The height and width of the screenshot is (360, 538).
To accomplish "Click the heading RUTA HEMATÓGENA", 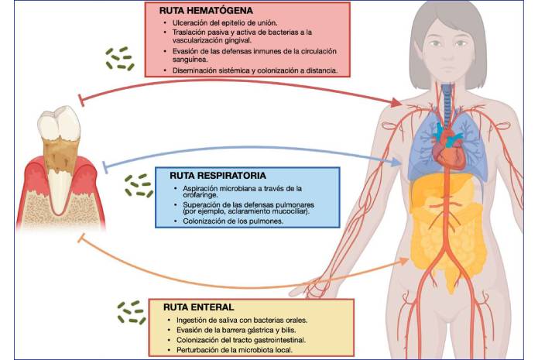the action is (206, 11).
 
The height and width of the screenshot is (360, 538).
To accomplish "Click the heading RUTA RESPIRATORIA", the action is (218, 176).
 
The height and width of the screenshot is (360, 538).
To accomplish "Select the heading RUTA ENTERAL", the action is (198, 307).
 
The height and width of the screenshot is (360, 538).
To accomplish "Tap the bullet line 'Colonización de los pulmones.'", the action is (233, 221).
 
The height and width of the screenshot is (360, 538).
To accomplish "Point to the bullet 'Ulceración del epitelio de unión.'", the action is (224, 23).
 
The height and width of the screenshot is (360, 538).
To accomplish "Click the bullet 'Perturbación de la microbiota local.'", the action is (235, 351).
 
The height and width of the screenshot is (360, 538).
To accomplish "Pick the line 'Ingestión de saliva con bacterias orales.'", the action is (242, 321).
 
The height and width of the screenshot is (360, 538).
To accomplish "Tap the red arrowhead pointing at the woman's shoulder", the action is (396, 102).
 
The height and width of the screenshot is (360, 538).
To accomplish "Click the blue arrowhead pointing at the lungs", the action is (396, 162).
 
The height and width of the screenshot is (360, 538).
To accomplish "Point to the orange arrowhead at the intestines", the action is (403, 262).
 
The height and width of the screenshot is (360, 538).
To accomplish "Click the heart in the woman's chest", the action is (448, 148).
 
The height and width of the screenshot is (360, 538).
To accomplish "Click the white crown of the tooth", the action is (59, 124).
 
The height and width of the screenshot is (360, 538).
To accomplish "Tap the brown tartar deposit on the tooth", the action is (60, 153).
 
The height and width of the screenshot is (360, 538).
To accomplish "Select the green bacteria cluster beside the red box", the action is (120, 59).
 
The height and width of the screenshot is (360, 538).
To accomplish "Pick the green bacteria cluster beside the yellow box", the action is (132, 313).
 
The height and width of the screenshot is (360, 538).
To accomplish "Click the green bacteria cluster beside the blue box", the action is (139, 186).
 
